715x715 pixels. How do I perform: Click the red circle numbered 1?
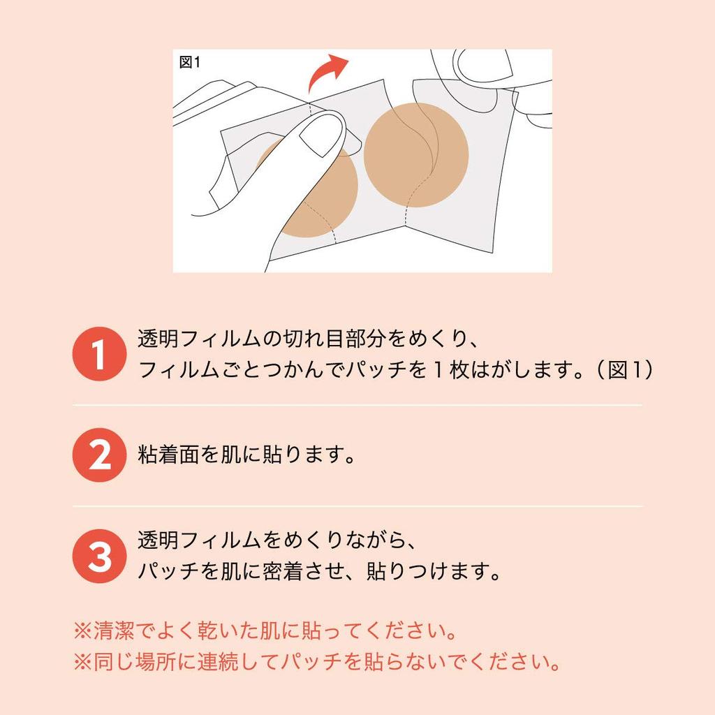coord(100,354)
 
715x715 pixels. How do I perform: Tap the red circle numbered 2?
coord(100,455)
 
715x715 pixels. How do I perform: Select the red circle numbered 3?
coord(100,557)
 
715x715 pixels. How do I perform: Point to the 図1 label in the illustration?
coord(190,63)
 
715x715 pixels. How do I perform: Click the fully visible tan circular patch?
coord(415,153)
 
